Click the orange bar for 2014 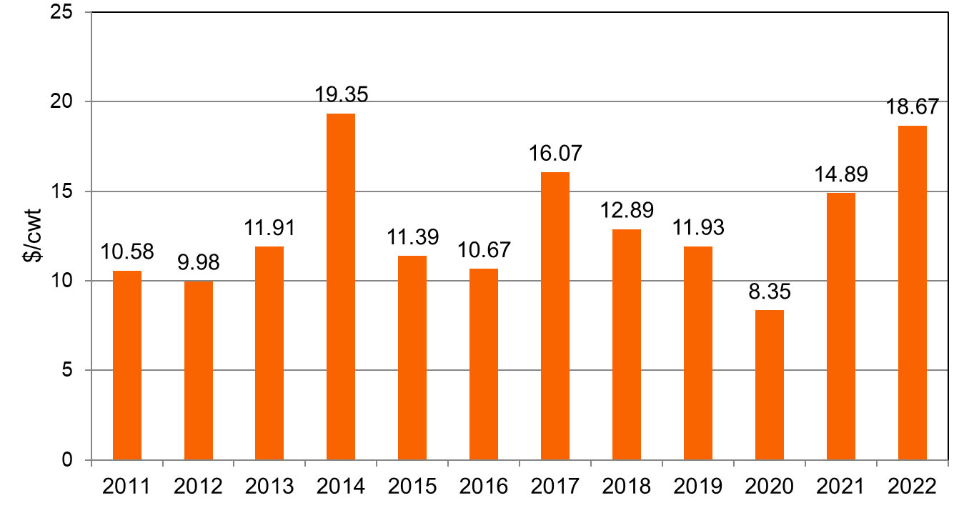pyautogui.click(x=341, y=287)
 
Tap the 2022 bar pyautogui.click(x=913, y=292)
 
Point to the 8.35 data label pyautogui.click(x=770, y=293)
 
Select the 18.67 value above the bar pyautogui.click(x=913, y=108)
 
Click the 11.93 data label pyautogui.click(x=698, y=229)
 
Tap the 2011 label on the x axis pyautogui.click(x=127, y=487)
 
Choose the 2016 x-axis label pyautogui.click(x=484, y=487)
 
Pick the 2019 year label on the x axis pyautogui.click(x=698, y=487)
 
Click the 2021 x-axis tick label pyautogui.click(x=841, y=487)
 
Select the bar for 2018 pyautogui.click(x=627, y=344)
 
